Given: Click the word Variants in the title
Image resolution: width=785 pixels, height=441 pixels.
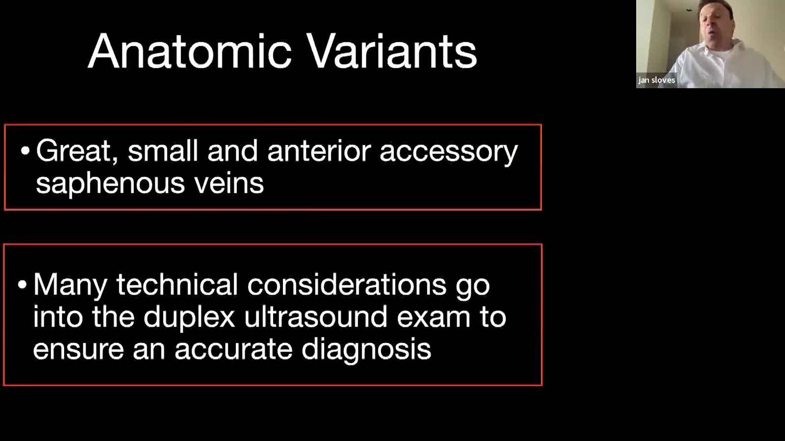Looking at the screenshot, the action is click(x=392, y=52).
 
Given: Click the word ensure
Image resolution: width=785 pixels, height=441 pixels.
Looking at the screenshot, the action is click(x=78, y=350).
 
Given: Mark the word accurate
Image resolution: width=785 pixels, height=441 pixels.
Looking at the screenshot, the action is click(x=233, y=350).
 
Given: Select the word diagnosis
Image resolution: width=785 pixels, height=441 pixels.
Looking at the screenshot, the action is click(x=366, y=351).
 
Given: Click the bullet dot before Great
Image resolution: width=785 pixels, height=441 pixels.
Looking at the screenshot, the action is click(x=25, y=151).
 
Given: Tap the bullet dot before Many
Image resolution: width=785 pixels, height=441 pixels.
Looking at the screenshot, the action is click(x=22, y=285).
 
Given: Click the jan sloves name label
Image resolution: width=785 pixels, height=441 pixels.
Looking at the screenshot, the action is click(x=657, y=80).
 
